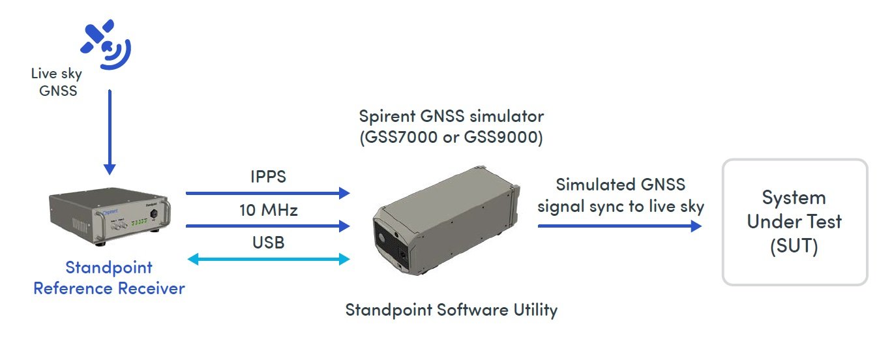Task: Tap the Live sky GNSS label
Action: click(x=57, y=83)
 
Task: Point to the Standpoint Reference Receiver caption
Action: click(x=109, y=277)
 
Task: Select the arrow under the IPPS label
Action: click(x=267, y=193)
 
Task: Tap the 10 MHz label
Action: click(x=267, y=210)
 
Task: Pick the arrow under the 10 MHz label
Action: click(x=267, y=226)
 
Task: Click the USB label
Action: click(x=267, y=243)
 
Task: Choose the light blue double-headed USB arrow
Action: click(x=268, y=260)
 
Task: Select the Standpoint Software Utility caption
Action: click(x=451, y=309)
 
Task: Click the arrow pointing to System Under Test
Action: click(x=619, y=226)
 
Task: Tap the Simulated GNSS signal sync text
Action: click(x=619, y=196)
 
